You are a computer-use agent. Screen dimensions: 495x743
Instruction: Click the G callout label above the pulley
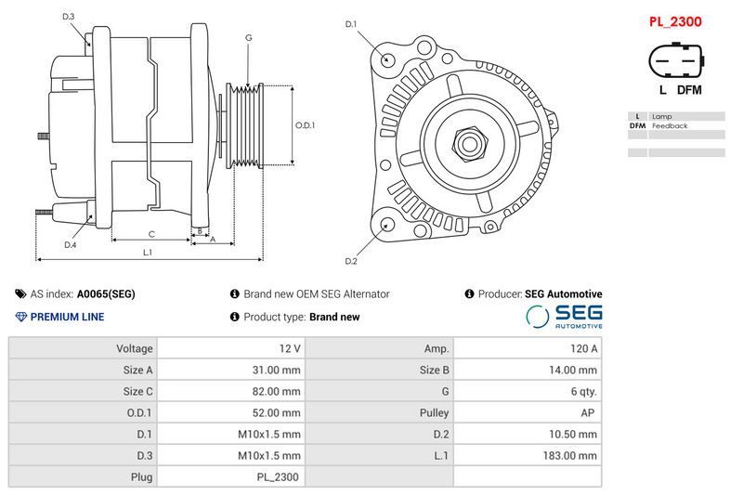click(x=248, y=38)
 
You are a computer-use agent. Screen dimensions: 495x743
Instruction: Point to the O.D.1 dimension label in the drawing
click(x=306, y=125)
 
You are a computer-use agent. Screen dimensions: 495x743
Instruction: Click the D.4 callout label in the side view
click(x=70, y=245)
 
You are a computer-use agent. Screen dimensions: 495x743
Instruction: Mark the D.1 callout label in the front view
click(x=351, y=24)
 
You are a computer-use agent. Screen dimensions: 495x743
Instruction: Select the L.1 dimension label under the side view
click(x=148, y=253)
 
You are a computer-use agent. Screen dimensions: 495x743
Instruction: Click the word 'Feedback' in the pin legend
click(x=670, y=125)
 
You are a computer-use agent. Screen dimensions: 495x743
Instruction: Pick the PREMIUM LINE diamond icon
click(x=21, y=317)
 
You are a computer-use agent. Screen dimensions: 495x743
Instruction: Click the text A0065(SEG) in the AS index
click(x=106, y=293)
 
